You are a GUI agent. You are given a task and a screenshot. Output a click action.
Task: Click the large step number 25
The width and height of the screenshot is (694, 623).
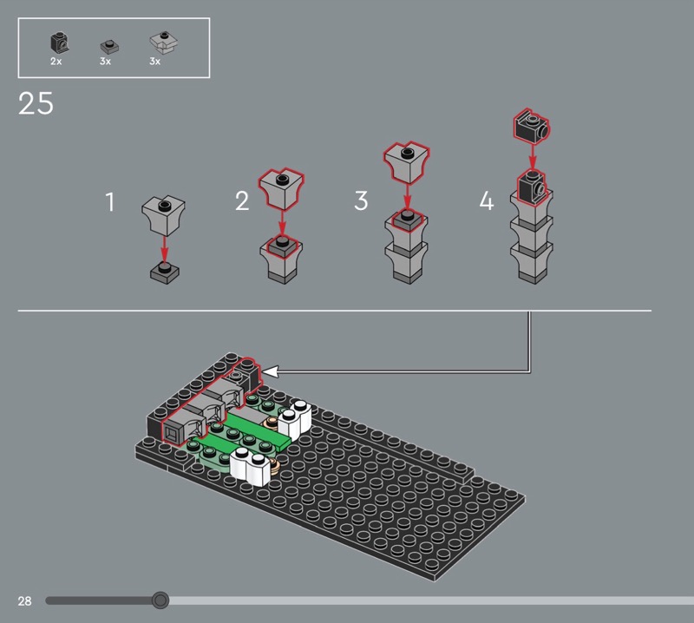tap(36, 103)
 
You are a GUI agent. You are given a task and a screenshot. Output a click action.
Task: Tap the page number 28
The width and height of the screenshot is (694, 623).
tap(25, 600)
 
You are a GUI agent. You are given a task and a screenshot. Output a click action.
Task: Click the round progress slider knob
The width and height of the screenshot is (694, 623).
tap(160, 600)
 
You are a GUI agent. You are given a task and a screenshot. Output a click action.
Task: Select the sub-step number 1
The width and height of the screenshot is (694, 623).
tap(110, 201)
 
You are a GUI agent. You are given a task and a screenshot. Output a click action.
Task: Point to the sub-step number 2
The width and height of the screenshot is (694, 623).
tap(242, 201)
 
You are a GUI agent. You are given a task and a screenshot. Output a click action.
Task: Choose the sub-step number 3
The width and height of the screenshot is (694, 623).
tap(361, 200)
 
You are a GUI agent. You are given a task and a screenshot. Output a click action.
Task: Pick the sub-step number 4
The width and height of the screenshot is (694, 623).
tap(487, 200)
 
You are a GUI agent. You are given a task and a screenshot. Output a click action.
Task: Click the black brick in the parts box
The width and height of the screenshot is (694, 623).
tap(59, 43)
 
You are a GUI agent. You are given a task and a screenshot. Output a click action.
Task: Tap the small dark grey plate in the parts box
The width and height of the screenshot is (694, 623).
tap(110, 46)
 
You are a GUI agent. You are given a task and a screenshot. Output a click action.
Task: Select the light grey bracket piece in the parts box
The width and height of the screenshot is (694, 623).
tap(164, 43)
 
